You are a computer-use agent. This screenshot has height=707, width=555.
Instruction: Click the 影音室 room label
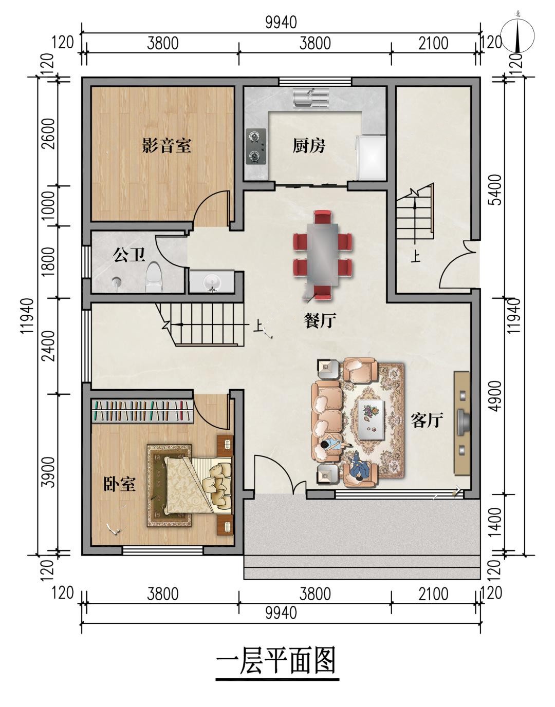[166, 146]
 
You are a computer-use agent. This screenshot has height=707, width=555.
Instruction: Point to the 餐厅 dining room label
[320, 320]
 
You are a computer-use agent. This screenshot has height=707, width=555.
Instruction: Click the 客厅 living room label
[427, 419]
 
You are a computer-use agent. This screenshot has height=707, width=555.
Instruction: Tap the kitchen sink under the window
[311, 98]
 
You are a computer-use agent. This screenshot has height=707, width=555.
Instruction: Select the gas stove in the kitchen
[256, 146]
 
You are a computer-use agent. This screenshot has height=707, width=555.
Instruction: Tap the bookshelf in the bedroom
[142, 411]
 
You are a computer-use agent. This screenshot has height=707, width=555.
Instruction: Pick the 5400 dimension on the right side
[496, 189]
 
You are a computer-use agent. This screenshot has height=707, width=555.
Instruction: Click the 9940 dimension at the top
[281, 23]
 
